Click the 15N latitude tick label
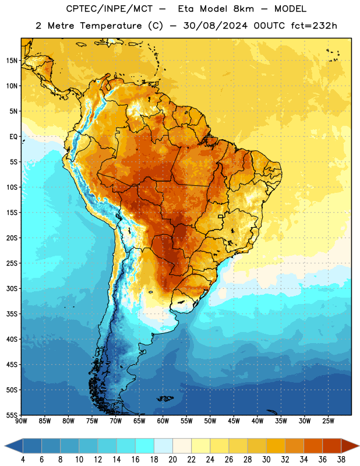(x=12, y=61)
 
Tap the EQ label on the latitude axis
(x=13, y=136)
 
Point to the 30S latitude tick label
(x=12, y=288)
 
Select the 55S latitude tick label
(x=12, y=415)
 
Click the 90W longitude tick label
(x=21, y=421)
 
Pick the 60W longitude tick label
(x=163, y=421)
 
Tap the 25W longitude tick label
(x=328, y=421)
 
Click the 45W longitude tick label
(x=234, y=421)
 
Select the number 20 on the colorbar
(x=172, y=460)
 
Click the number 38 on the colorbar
(x=341, y=460)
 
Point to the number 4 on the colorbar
(x=23, y=460)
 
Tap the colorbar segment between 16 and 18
(x=145, y=446)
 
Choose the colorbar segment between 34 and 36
(x=313, y=446)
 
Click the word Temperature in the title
(x=111, y=26)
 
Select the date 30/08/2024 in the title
(x=215, y=26)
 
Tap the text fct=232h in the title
(x=314, y=26)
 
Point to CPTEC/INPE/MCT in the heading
(x=110, y=9)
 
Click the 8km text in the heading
(x=243, y=9)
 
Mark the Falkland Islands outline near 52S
(x=165, y=398)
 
